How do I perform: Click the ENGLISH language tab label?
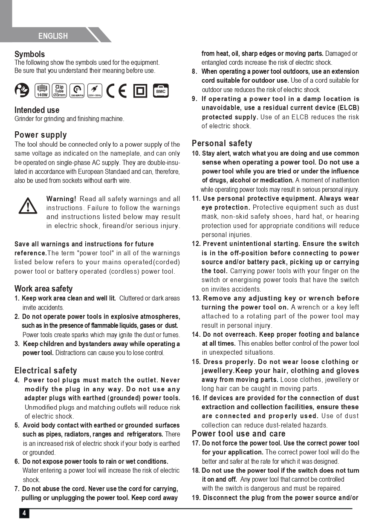click(x=53, y=36)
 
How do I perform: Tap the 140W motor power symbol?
click(x=42, y=90)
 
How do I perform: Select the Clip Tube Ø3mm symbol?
click(x=59, y=90)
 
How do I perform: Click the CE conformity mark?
click(x=116, y=90)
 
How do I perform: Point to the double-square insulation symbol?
click(x=140, y=90)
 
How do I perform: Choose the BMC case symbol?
click(x=161, y=90)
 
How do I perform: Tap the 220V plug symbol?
click(x=93, y=90)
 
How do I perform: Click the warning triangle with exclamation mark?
click(x=28, y=206)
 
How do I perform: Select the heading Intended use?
click(x=37, y=110)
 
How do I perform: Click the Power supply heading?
click(x=40, y=135)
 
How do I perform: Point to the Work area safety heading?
click(x=43, y=289)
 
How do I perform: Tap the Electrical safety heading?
click(x=46, y=370)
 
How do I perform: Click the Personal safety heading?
click(x=222, y=143)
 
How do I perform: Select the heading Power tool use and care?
click(x=238, y=434)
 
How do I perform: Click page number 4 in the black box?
click(x=24, y=513)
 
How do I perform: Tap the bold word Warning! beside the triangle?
click(x=61, y=199)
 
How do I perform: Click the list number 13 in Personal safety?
click(x=196, y=298)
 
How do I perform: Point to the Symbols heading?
click(x=29, y=54)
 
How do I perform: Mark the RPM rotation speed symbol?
click(x=77, y=90)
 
